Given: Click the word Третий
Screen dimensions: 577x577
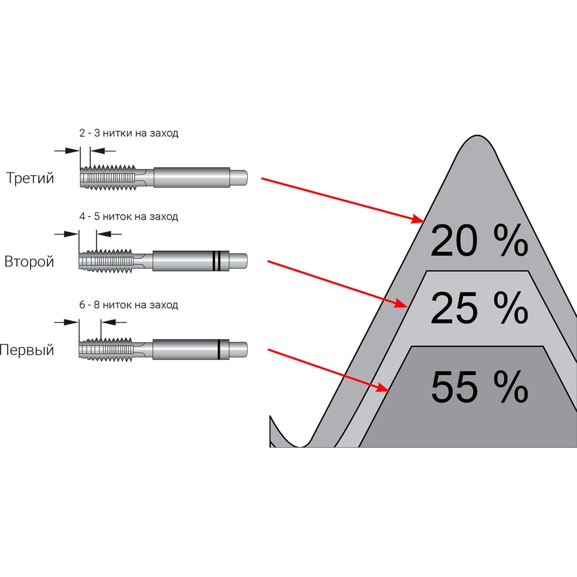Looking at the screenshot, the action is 30,178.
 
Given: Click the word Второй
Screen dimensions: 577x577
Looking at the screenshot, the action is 29,261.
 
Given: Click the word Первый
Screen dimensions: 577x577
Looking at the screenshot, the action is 27,350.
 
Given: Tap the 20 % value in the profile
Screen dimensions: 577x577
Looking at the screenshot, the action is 479,241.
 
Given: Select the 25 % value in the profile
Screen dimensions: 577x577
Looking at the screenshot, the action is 479,308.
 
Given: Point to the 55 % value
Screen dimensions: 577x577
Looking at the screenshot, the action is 479,387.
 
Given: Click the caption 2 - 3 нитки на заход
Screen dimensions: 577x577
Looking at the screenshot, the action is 129,133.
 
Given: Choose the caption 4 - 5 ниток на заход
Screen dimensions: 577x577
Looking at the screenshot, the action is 129,216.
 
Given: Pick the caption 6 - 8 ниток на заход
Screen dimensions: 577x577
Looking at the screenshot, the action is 129,305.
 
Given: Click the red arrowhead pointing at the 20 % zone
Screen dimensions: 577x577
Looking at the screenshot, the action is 418,219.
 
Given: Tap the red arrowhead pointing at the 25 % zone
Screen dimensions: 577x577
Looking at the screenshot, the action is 401,304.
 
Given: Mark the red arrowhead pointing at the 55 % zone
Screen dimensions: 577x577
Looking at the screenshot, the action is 383,387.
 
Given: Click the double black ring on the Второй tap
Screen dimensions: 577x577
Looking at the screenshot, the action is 216,261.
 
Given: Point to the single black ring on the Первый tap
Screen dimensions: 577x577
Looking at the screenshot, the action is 219,349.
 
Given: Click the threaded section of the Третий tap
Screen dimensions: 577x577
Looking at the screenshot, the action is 108,178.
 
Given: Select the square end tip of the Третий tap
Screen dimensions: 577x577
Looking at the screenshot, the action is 238,178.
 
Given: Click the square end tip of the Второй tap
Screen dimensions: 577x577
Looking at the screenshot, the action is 238,261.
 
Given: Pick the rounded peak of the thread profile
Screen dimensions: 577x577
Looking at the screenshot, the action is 477,137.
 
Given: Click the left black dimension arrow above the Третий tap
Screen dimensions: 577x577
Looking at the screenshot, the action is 67,151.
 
